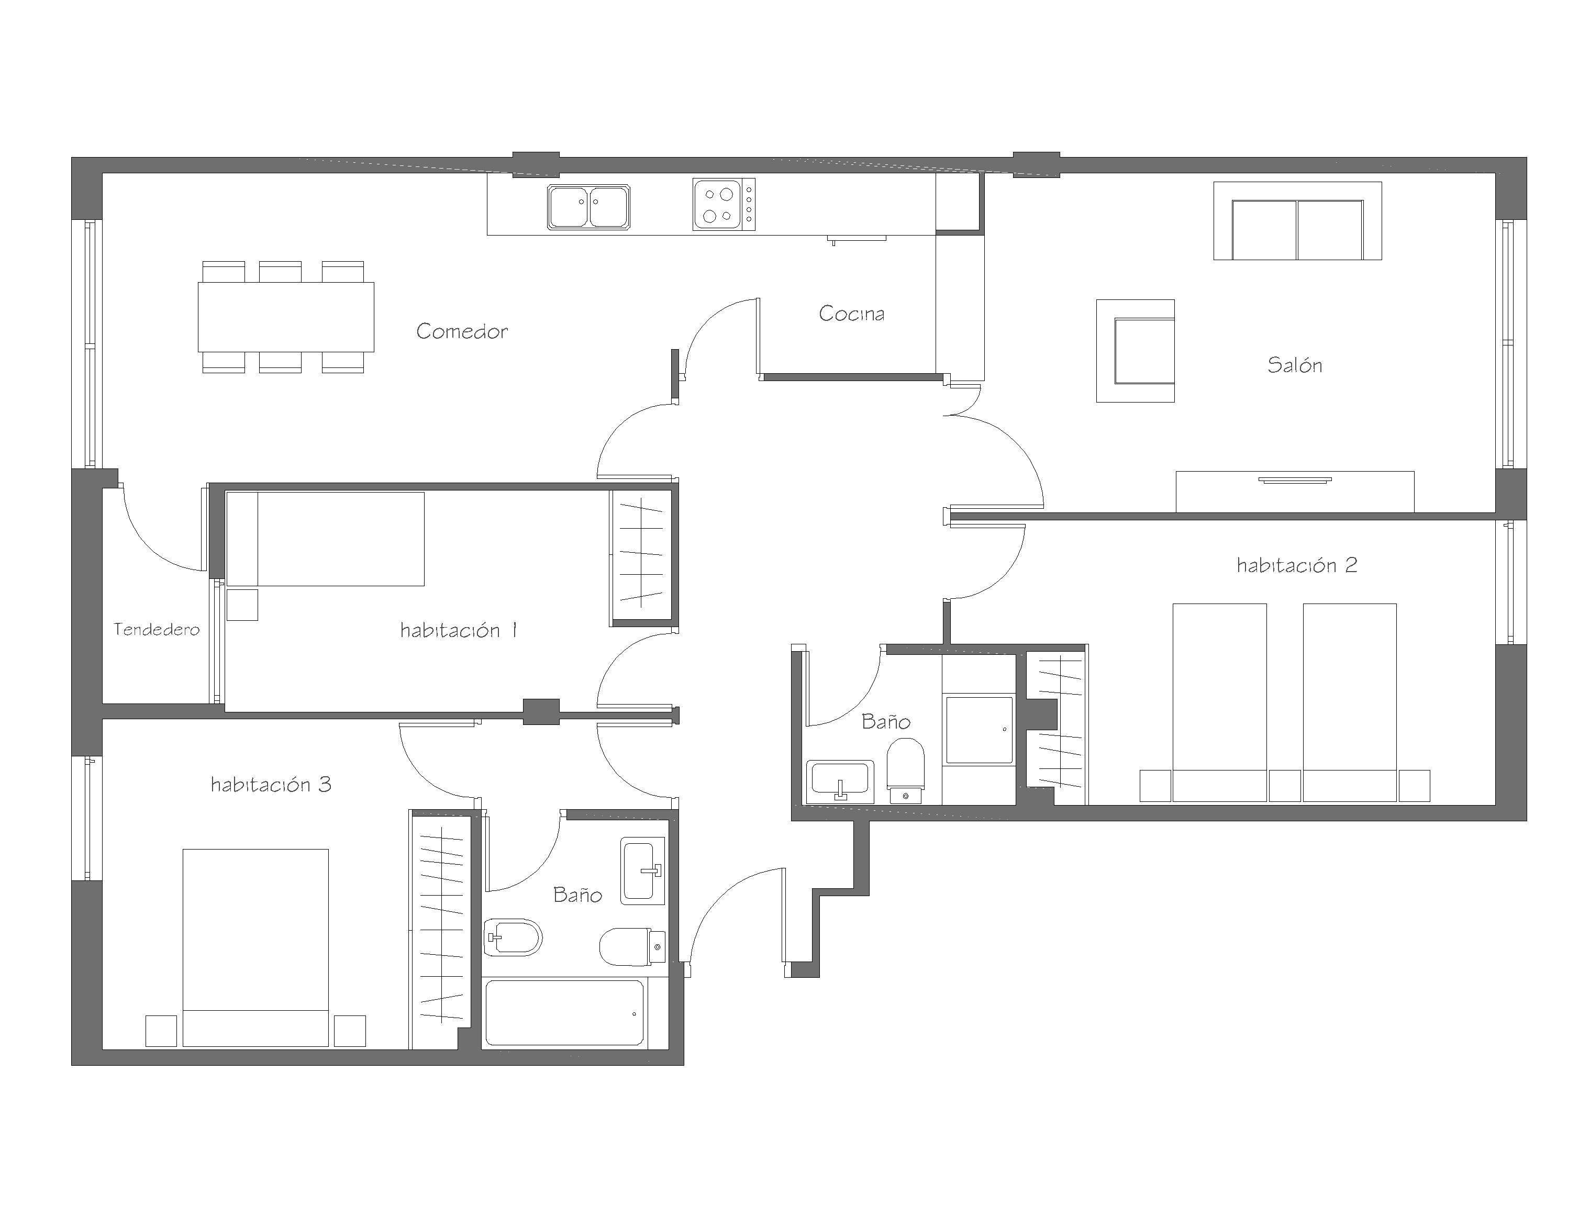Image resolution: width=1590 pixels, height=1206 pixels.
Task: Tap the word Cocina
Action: pyautogui.click(x=851, y=314)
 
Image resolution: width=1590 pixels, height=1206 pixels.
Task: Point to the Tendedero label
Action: pyautogui.click(x=157, y=630)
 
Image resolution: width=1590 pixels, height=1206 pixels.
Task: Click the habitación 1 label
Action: pyautogui.click(x=459, y=630)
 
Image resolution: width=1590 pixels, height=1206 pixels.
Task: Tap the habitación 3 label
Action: pyautogui.click(x=271, y=784)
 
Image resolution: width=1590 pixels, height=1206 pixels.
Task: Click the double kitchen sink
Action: pyautogui.click(x=588, y=207)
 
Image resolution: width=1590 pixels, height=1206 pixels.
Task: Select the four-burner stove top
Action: pyautogui.click(x=724, y=205)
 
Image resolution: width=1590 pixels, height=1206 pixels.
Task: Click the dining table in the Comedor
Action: pyautogui.click(x=286, y=317)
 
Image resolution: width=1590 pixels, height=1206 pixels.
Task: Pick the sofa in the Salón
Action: pyautogui.click(x=1297, y=221)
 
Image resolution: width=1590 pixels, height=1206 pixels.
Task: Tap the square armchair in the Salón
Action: pyautogui.click(x=1135, y=351)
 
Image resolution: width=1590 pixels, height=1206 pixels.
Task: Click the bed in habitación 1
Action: pyautogui.click(x=325, y=539)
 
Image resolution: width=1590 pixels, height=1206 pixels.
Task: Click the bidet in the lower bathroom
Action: pyautogui.click(x=512, y=937)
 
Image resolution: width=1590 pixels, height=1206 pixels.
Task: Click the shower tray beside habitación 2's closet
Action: pyautogui.click(x=979, y=730)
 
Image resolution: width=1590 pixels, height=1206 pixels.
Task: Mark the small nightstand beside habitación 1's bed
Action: pyautogui.click(x=241, y=605)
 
